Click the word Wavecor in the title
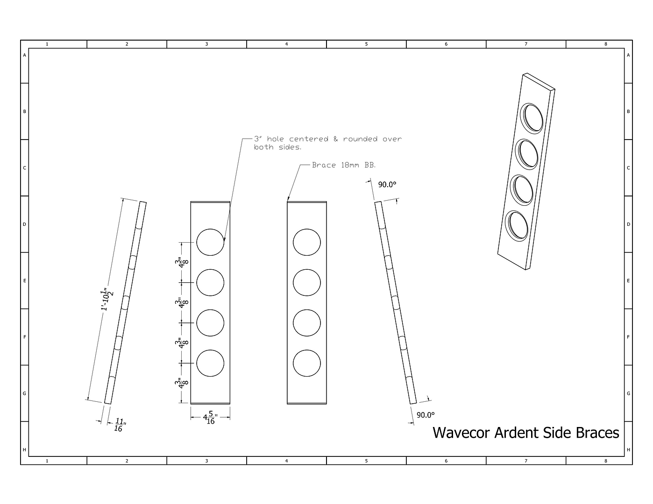[461, 433]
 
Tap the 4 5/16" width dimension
[210, 417]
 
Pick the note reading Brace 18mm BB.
[344, 165]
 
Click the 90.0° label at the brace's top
[387, 185]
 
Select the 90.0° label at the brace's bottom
[426, 415]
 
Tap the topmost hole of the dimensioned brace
[210, 242]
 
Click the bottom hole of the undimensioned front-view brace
[307, 363]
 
